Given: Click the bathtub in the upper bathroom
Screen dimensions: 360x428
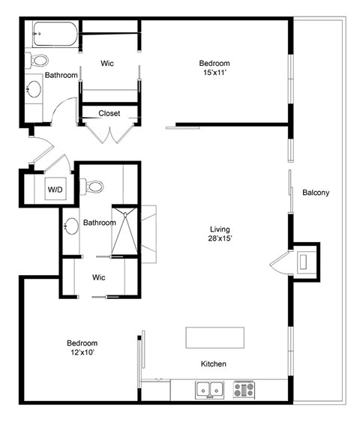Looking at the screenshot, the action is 55,34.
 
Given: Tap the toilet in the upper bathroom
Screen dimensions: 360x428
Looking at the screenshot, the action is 37,60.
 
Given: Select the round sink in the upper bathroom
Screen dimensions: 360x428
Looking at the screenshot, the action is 34,88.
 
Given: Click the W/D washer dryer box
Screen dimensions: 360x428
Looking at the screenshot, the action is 55,189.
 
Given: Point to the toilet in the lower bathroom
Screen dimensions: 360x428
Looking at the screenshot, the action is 91,187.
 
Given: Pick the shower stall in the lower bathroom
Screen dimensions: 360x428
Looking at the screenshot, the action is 124,231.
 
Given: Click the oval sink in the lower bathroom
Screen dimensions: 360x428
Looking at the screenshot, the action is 71,226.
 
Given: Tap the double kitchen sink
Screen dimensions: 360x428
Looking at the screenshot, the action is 209,390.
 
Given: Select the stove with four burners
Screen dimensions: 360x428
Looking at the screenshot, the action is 244,390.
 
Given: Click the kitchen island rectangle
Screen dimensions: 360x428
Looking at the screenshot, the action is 215,337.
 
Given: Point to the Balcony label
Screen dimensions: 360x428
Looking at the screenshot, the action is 316,193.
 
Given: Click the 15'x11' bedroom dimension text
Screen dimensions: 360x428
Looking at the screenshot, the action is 215,73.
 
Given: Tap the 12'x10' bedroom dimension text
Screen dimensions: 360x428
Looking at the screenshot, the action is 82,352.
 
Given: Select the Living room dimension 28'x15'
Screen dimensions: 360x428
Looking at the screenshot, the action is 220,238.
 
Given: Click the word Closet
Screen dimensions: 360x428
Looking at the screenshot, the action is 109,113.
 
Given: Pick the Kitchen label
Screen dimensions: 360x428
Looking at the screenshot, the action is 214,364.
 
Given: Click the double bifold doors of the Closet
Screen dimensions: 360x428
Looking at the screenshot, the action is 109,133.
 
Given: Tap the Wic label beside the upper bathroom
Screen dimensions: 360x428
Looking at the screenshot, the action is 107,63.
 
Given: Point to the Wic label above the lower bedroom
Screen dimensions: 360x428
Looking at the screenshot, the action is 98,277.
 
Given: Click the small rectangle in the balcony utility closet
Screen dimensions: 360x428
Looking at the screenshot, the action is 304,262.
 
